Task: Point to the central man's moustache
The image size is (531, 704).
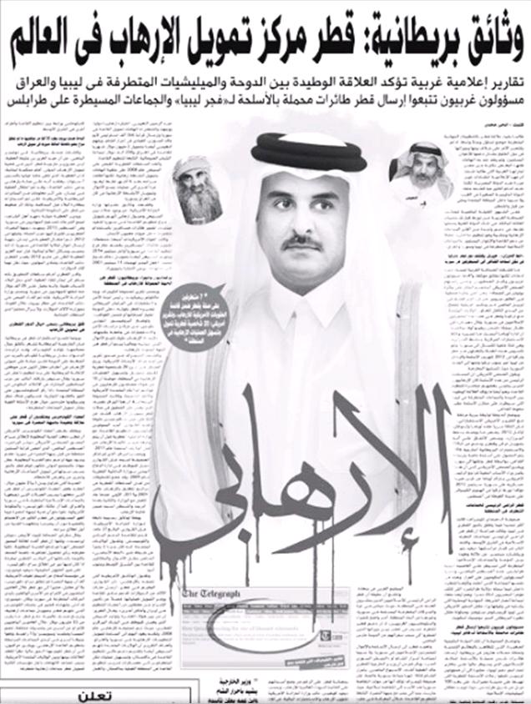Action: (301, 243)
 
